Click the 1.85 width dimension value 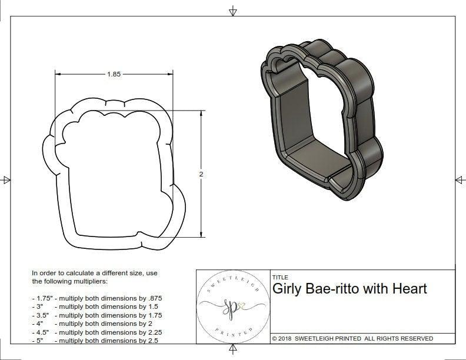[x=114, y=74]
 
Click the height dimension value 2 [x=201, y=175]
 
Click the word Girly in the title [x=287, y=289]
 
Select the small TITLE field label [x=280, y=277]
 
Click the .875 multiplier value [x=151, y=298]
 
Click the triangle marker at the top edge [x=234, y=11]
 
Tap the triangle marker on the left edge [x=6, y=180]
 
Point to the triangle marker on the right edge [x=460, y=179]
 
